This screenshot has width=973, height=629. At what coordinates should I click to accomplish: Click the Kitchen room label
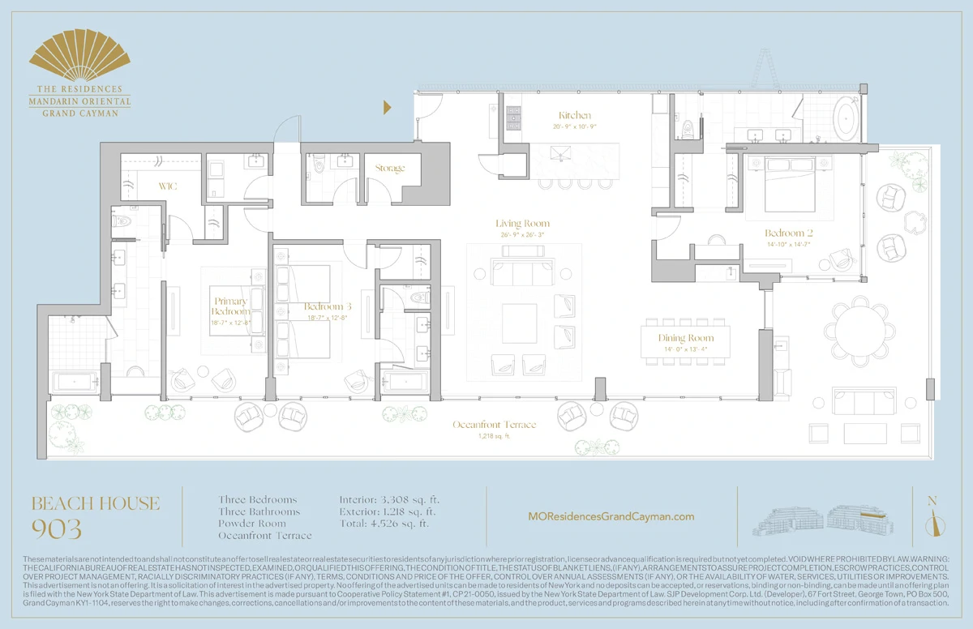pos(575,116)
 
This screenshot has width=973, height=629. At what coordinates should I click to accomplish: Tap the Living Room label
pos(522,224)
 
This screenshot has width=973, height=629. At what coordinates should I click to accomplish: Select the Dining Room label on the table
pos(685,338)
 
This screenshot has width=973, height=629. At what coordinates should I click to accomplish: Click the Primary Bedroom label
pos(231,306)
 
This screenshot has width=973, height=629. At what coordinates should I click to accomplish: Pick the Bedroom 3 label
pos(328,307)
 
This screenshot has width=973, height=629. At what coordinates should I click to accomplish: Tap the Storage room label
pos(390,169)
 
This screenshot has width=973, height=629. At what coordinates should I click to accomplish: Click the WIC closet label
pos(169,186)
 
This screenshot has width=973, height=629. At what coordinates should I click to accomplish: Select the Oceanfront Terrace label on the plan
pos(494,425)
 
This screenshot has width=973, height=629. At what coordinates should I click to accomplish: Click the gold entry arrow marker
pos(388,107)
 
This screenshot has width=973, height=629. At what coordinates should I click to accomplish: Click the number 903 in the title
pos(57,529)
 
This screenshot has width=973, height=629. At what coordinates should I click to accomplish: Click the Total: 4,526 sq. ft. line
pos(384,524)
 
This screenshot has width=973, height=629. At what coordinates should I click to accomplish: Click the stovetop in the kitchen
pos(513,119)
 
